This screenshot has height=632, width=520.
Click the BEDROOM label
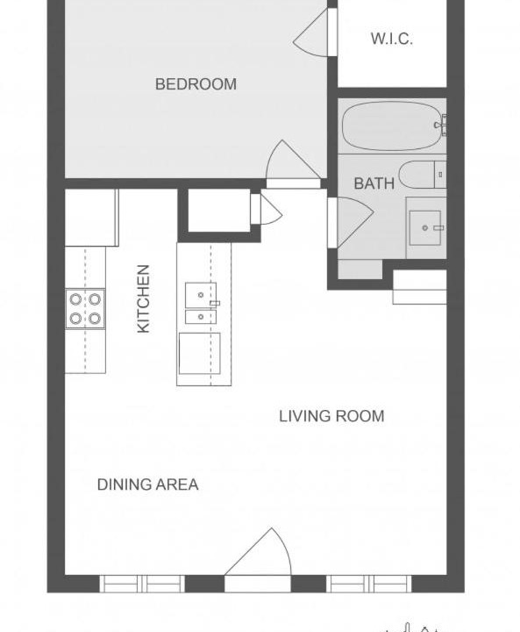click(196, 84)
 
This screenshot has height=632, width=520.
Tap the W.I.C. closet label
click(391, 39)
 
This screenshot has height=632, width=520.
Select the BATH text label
click(374, 183)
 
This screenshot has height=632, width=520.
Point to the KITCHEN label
click(144, 298)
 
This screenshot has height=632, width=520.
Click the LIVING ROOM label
click(331, 416)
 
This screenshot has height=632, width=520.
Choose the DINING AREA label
click(148, 484)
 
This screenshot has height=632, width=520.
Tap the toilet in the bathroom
click(422, 175)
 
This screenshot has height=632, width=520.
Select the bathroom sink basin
click(425, 227)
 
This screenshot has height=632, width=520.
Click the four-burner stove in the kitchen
click(85, 309)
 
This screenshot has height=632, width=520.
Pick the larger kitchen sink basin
click(201, 295)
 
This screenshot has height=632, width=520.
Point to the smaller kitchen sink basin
click(201, 317)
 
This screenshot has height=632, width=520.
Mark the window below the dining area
click(142, 584)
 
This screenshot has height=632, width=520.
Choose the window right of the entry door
click(368, 584)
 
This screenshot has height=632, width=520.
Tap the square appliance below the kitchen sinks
click(199, 354)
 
